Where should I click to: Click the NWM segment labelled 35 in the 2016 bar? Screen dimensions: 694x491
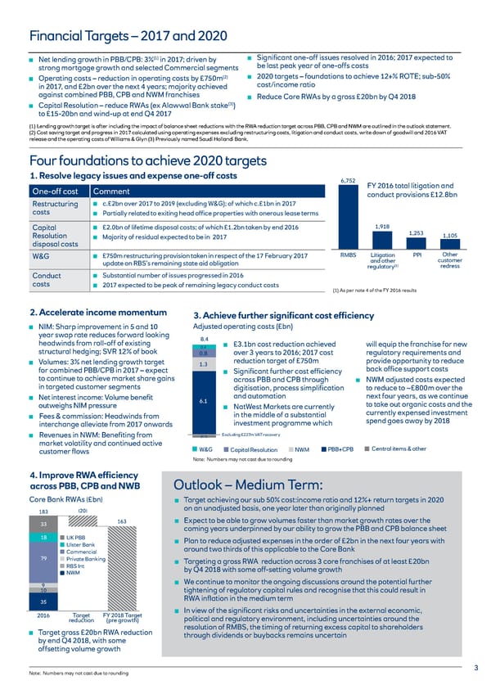[43, 624]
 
